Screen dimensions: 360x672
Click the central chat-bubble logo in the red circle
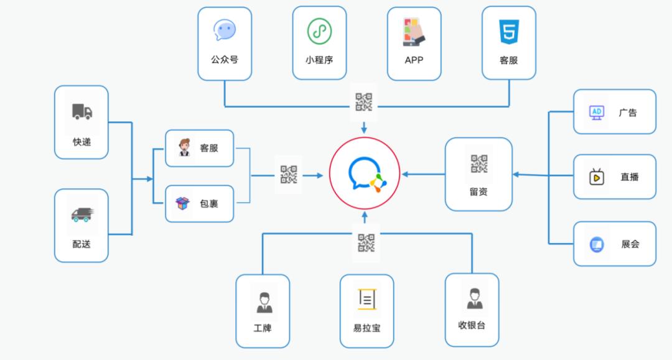tap(364, 174)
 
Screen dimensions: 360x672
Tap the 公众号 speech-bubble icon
tap(225, 30)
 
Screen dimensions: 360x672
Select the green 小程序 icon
tap(319, 31)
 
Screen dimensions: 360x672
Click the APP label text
tap(414, 60)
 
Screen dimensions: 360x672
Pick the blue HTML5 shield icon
tap(509, 32)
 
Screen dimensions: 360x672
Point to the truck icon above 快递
tap(82, 112)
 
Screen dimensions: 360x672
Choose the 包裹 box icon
tap(182, 203)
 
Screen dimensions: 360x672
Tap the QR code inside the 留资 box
tap(479, 164)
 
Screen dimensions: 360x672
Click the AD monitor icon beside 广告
tap(596, 113)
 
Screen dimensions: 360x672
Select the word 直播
tap(629, 177)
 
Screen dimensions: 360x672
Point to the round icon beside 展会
tap(597, 244)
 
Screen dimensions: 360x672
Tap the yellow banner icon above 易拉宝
tap(367, 300)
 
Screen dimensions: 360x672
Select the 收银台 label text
tap(471, 325)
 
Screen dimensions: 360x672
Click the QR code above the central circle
tap(364, 101)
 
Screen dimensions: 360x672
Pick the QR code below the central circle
tap(366, 243)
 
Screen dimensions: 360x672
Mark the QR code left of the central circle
tap(289, 175)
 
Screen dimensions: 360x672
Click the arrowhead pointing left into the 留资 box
tap(517, 175)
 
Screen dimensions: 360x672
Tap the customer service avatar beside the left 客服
tap(184, 149)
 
